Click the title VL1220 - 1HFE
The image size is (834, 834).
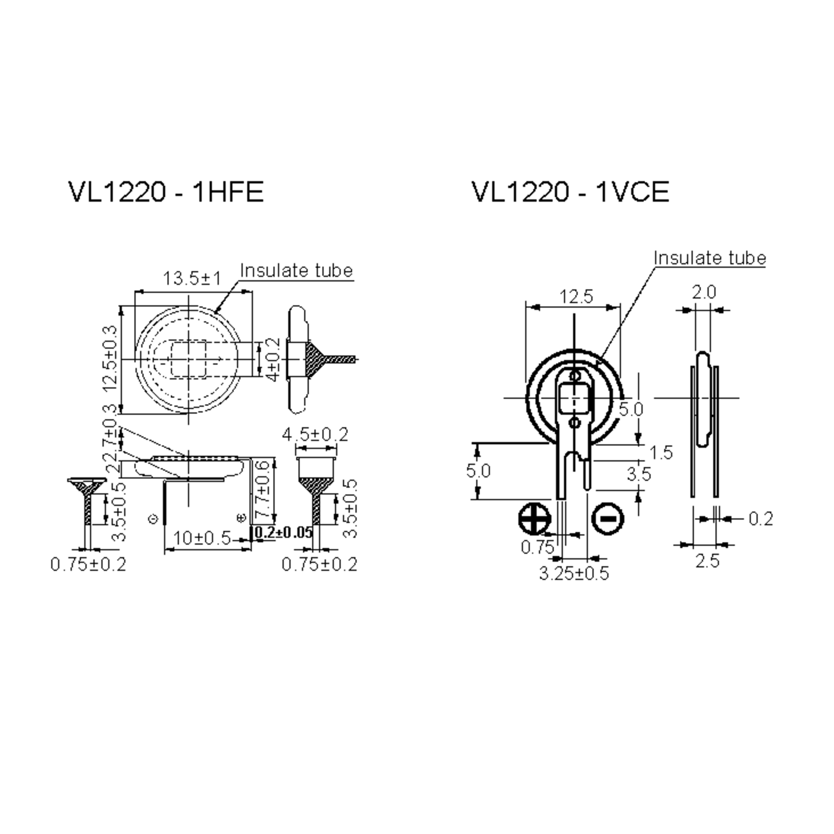point(166,192)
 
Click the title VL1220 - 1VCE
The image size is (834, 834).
point(570,192)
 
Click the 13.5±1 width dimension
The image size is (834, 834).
point(192,278)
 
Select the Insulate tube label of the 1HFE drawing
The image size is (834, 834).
point(296,271)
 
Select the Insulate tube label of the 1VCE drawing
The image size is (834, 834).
point(709,258)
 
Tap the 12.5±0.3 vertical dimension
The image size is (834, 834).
point(111,358)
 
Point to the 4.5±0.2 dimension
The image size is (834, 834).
point(315,434)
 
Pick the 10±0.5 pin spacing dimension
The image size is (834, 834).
point(202,538)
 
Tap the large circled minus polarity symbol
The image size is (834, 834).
point(608,518)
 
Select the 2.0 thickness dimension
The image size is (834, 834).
point(704,293)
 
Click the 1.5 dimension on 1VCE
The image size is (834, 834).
point(661,453)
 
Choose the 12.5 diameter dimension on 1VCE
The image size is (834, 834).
point(576,296)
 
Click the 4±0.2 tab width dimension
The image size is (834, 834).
point(274,360)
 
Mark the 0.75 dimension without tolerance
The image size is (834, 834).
point(537,547)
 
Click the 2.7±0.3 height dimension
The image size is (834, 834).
point(111,437)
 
